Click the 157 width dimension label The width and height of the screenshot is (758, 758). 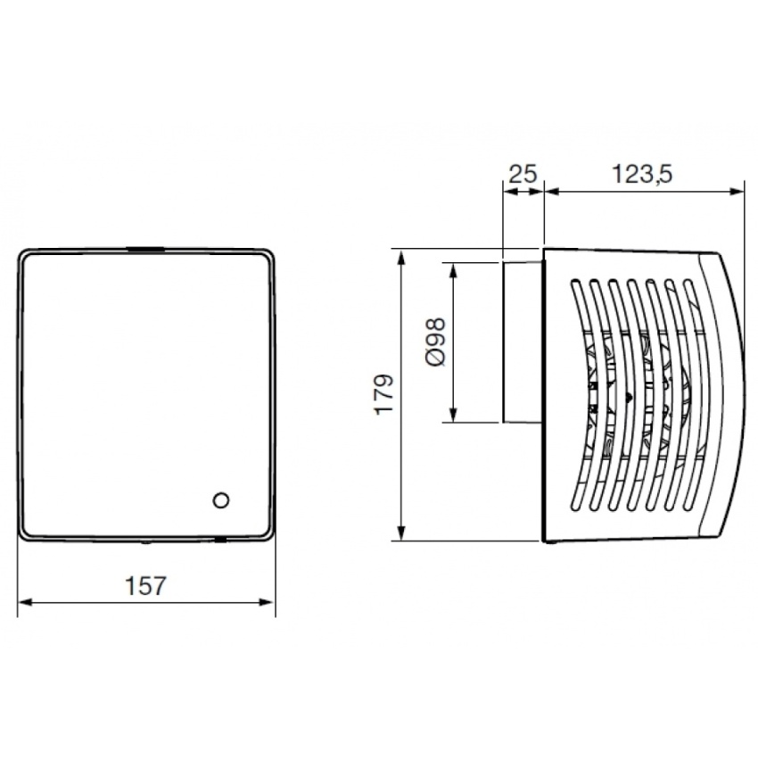145,586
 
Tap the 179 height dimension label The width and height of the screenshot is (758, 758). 385,394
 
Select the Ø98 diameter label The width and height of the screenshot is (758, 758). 436,342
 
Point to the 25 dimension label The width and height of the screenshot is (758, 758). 523,174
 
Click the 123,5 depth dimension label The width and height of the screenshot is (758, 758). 642,174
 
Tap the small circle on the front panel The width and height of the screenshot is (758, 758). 221,500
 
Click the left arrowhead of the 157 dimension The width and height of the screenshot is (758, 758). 24,602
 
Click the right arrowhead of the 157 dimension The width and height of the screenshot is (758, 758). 268,602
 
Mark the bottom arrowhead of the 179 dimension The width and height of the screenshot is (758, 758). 400,533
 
